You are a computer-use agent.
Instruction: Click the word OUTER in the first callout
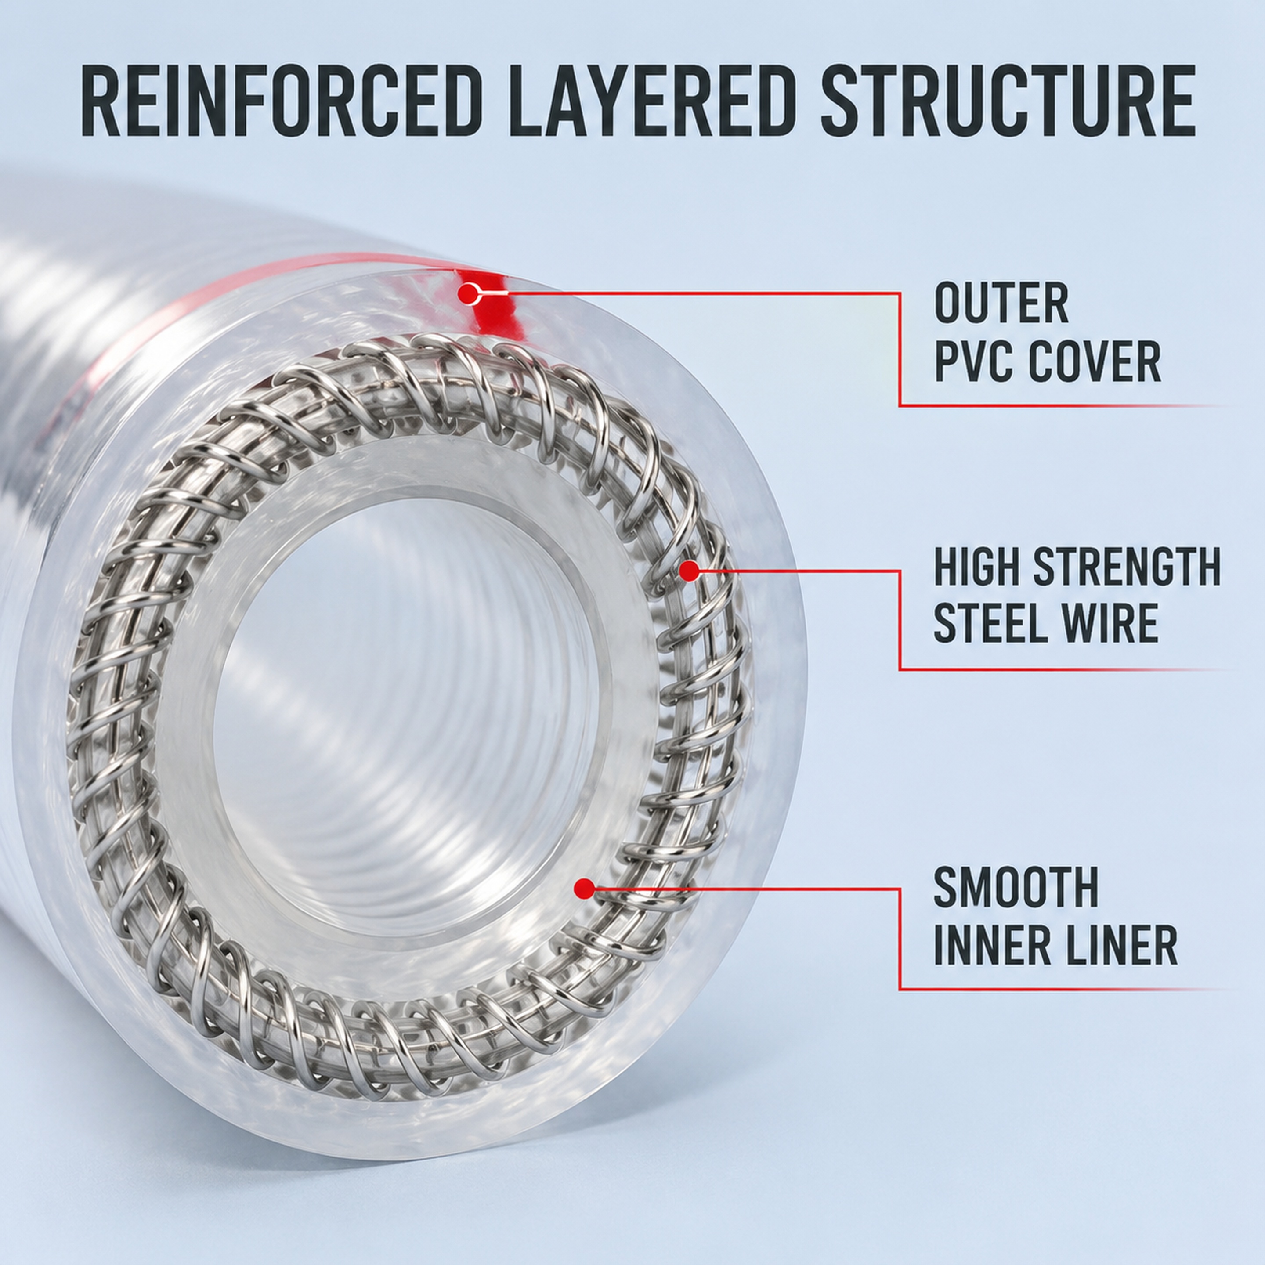[1002, 303]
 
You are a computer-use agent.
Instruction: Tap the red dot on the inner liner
[584, 889]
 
